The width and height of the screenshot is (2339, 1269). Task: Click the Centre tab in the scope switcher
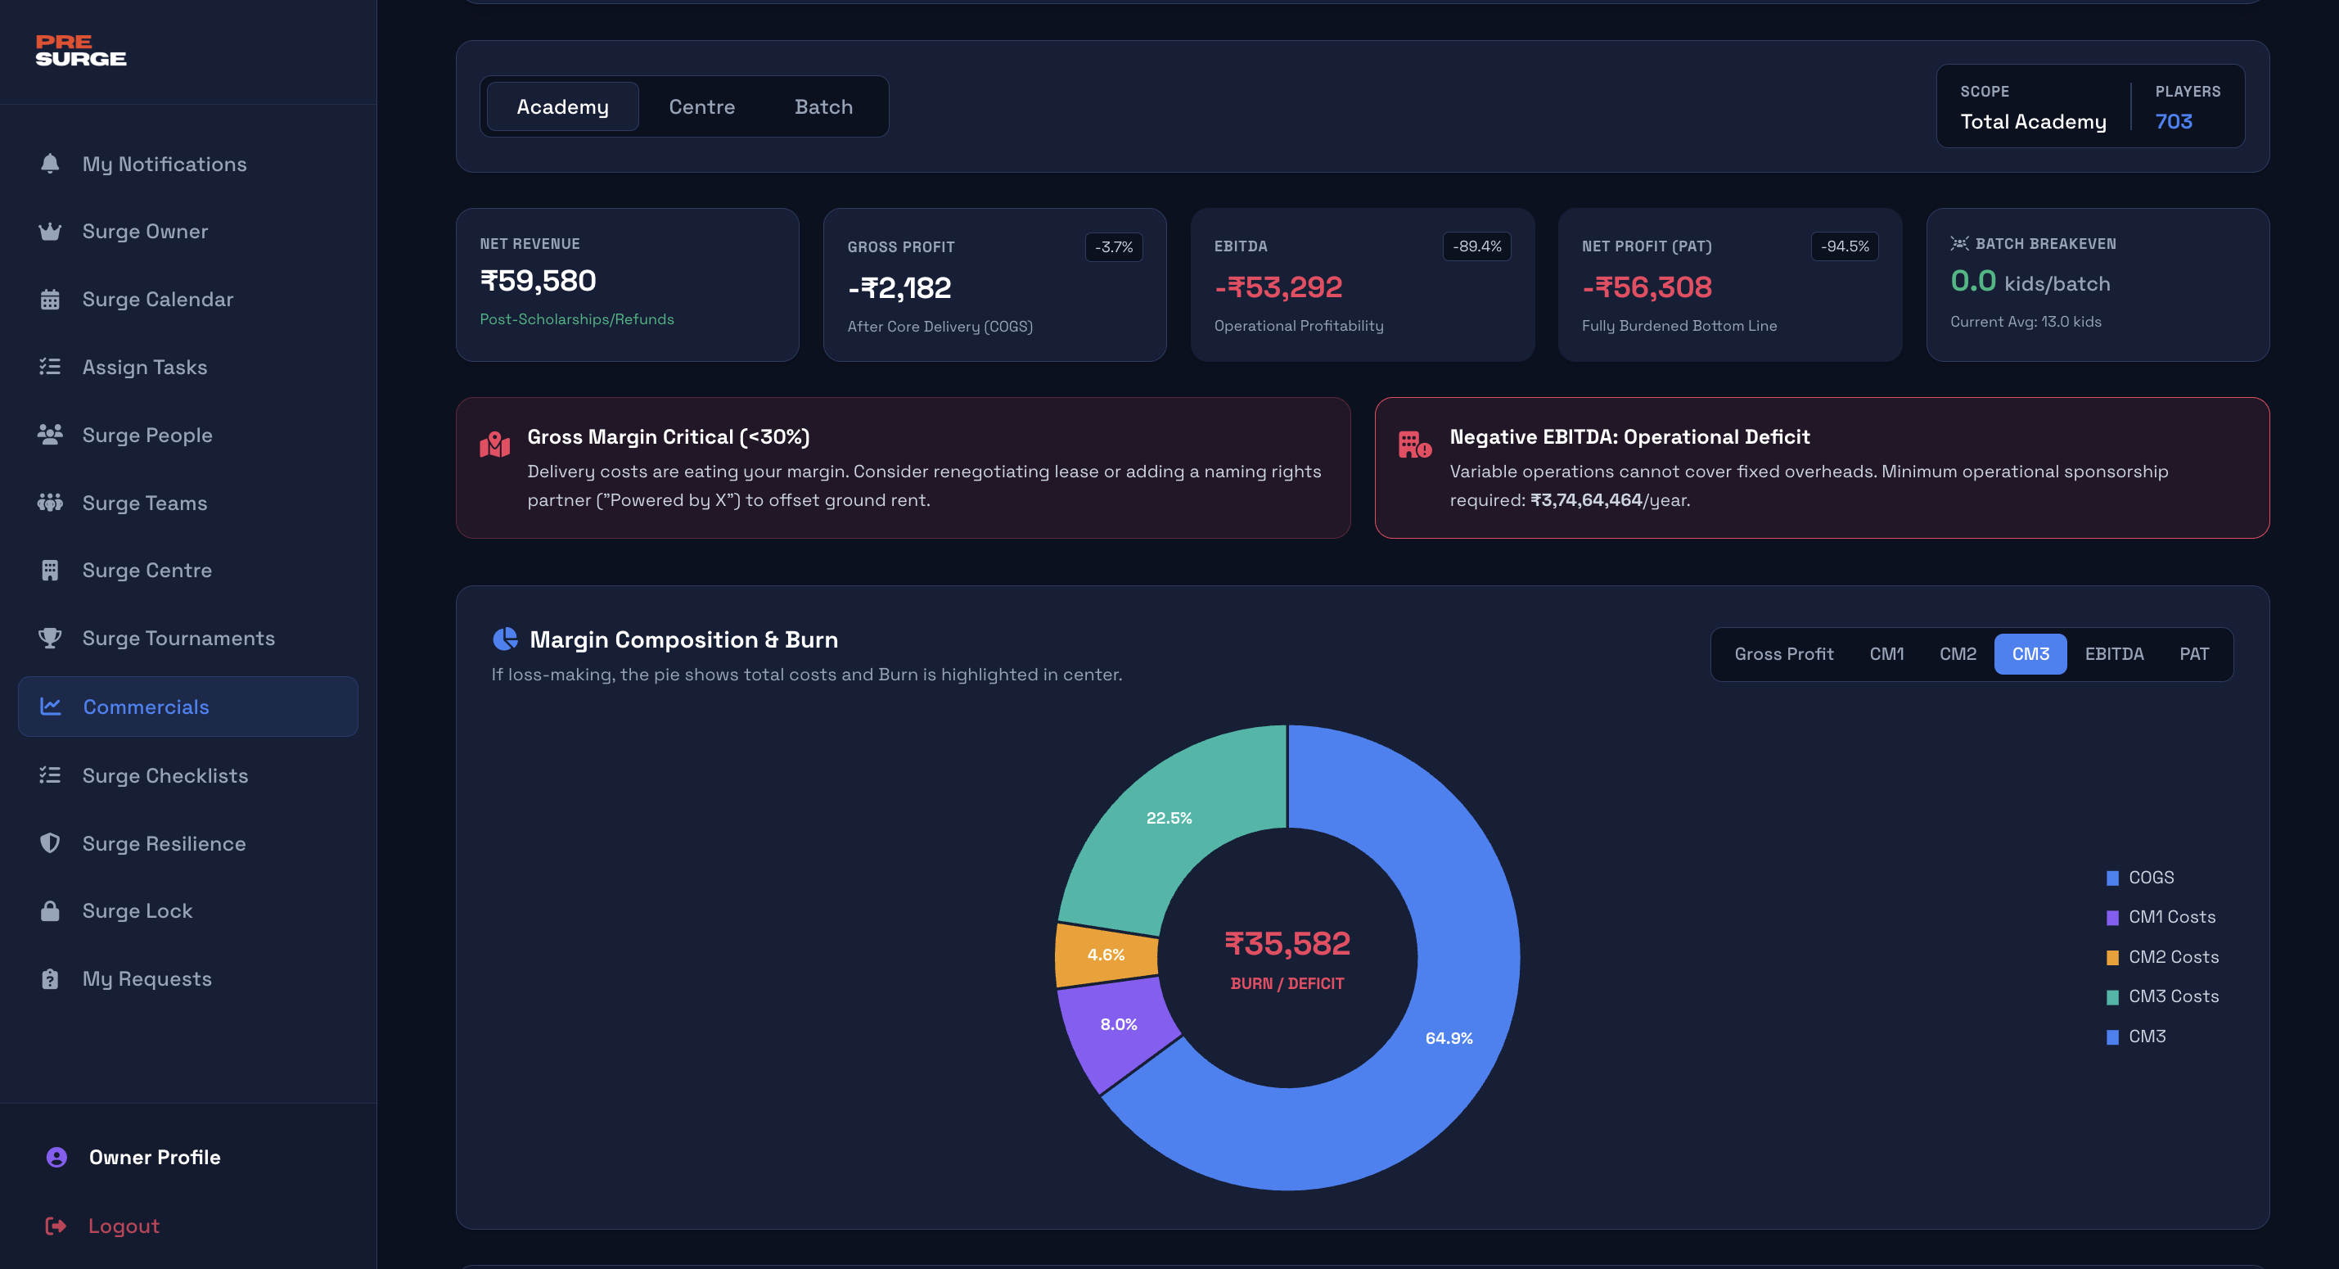point(702,107)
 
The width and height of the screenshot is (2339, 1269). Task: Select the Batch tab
point(823,107)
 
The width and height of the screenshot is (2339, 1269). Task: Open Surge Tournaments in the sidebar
point(178,639)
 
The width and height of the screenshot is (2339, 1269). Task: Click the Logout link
point(124,1226)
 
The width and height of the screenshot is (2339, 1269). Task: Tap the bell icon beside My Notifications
point(50,164)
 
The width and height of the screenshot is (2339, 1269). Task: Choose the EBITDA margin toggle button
point(2114,654)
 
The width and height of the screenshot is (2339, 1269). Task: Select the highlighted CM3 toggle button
point(2030,654)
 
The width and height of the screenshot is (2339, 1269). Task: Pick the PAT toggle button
point(2193,654)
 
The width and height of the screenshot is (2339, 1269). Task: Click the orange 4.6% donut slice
point(1106,955)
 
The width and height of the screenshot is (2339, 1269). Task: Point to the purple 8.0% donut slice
point(1119,1025)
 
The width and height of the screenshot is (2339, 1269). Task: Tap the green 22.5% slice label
point(1169,819)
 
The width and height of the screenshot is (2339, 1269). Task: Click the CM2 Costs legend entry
point(2172,956)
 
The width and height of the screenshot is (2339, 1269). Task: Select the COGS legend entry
point(2150,878)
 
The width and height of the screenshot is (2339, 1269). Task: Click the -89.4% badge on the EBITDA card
point(1476,246)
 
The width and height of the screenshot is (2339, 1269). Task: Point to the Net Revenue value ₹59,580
point(538,281)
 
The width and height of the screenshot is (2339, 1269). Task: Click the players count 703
point(2173,122)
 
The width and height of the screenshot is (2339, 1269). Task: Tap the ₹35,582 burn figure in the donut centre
point(1287,944)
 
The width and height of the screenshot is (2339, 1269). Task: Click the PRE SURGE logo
point(81,51)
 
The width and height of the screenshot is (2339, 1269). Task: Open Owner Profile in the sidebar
point(155,1158)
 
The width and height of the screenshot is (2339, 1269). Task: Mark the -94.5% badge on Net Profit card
point(1844,246)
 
